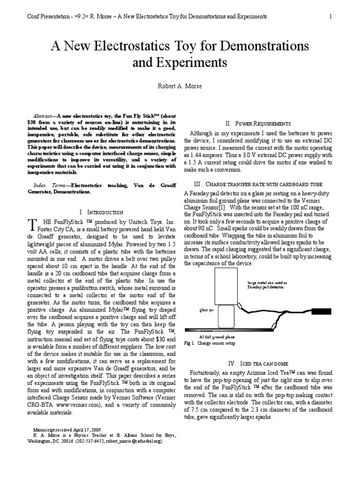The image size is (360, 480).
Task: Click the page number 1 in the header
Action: tap(330, 17)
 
